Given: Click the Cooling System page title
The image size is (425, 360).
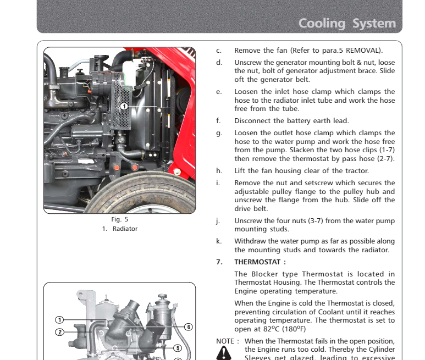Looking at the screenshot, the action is (347, 24).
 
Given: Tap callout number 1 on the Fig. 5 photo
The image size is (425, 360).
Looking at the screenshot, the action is (124, 106).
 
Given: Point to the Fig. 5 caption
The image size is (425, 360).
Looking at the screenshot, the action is (119, 219).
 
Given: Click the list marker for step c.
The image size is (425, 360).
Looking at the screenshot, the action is (218, 51).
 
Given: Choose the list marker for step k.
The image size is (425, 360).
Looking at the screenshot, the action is (218, 241).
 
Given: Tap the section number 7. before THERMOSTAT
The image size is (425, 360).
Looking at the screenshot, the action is (219, 262).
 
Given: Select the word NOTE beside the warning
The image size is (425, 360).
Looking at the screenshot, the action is (225, 341).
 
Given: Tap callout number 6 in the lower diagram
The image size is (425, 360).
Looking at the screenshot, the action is (188, 327).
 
